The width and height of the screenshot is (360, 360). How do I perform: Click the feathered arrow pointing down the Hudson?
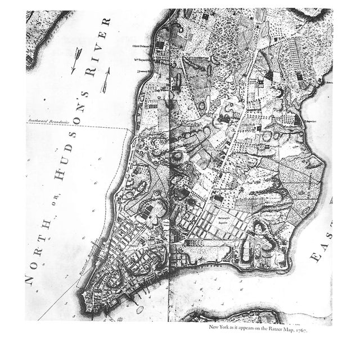click(75, 59)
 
